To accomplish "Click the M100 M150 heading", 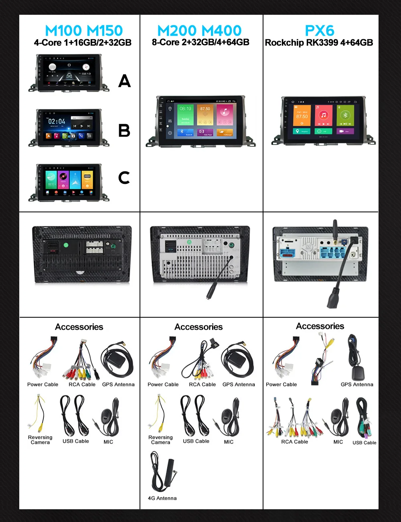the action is pyautogui.click(x=84, y=31).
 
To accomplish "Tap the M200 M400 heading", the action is pyautogui.click(x=199, y=31).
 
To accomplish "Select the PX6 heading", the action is pyautogui.click(x=320, y=31).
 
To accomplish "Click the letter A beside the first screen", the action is pyautogui.click(x=124, y=81).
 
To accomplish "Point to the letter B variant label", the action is pyautogui.click(x=124, y=131).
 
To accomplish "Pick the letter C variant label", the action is pyautogui.click(x=124, y=177).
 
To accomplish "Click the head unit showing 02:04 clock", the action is pyautogui.click(x=69, y=127).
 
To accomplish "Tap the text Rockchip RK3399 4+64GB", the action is pyautogui.click(x=319, y=43).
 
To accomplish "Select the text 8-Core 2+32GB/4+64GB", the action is pyautogui.click(x=200, y=42).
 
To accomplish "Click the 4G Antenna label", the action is pyautogui.click(x=162, y=498).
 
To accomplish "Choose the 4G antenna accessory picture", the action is pyautogui.click(x=163, y=472).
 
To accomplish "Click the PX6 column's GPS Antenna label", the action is pyautogui.click(x=357, y=385).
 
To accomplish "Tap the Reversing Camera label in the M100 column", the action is pyautogui.click(x=40, y=440).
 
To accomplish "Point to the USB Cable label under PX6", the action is pyautogui.click(x=364, y=443).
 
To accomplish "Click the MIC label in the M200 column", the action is pyautogui.click(x=229, y=442).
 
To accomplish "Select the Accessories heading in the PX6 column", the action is pyautogui.click(x=320, y=326).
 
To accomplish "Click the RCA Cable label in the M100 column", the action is pyautogui.click(x=82, y=385).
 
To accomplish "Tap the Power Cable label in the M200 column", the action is pyautogui.click(x=163, y=385).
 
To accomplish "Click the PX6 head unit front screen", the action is pyautogui.click(x=323, y=119).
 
